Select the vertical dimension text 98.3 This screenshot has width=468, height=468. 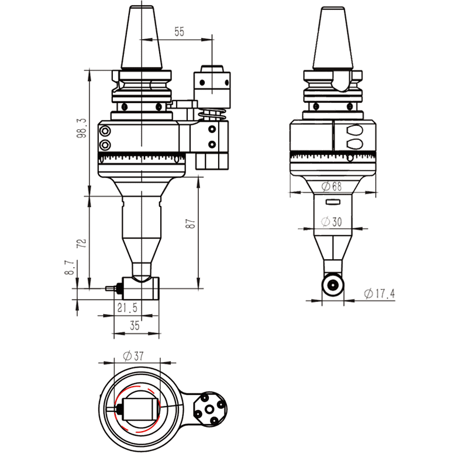81,128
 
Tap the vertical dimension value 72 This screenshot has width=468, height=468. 81,242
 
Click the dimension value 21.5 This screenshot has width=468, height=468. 127,308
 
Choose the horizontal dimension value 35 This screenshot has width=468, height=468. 135,326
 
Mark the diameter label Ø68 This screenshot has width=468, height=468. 332,187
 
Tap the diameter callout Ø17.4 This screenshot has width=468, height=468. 378,294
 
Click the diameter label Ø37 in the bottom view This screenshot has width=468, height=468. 133,355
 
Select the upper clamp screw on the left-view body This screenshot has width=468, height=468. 105,130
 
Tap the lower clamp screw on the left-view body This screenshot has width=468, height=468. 105,144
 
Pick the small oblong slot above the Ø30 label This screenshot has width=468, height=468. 332,202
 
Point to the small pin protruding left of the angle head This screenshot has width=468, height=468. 109,288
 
